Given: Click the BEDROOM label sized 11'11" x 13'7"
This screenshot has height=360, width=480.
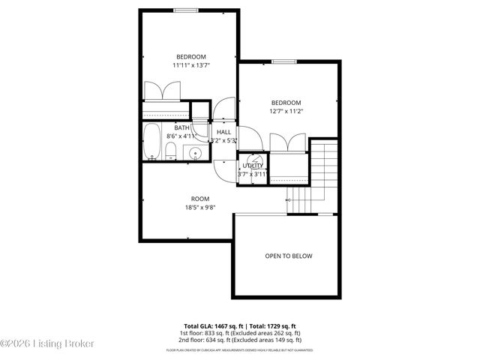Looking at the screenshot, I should click(x=190, y=57).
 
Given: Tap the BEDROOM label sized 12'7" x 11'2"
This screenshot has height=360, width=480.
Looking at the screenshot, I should click(x=286, y=103).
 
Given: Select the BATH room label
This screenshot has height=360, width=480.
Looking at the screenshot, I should click(x=182, y=127).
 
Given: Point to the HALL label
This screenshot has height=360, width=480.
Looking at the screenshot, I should click(x=223, y=132).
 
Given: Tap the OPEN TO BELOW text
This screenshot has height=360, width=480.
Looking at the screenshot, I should click(x=289, y=256).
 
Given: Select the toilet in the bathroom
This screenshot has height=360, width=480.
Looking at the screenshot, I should click(x=170, y=154).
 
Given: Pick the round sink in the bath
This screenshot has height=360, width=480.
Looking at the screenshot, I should click(x=195, y=154).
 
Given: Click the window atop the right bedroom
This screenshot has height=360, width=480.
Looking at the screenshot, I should click(x=282, y=61).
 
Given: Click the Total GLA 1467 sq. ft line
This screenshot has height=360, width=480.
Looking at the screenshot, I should click(x=240, y=326).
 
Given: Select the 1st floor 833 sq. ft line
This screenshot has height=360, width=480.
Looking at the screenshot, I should click(x=240, y=333).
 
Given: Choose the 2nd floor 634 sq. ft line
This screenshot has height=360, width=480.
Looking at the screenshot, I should click(x=240, y=340).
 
